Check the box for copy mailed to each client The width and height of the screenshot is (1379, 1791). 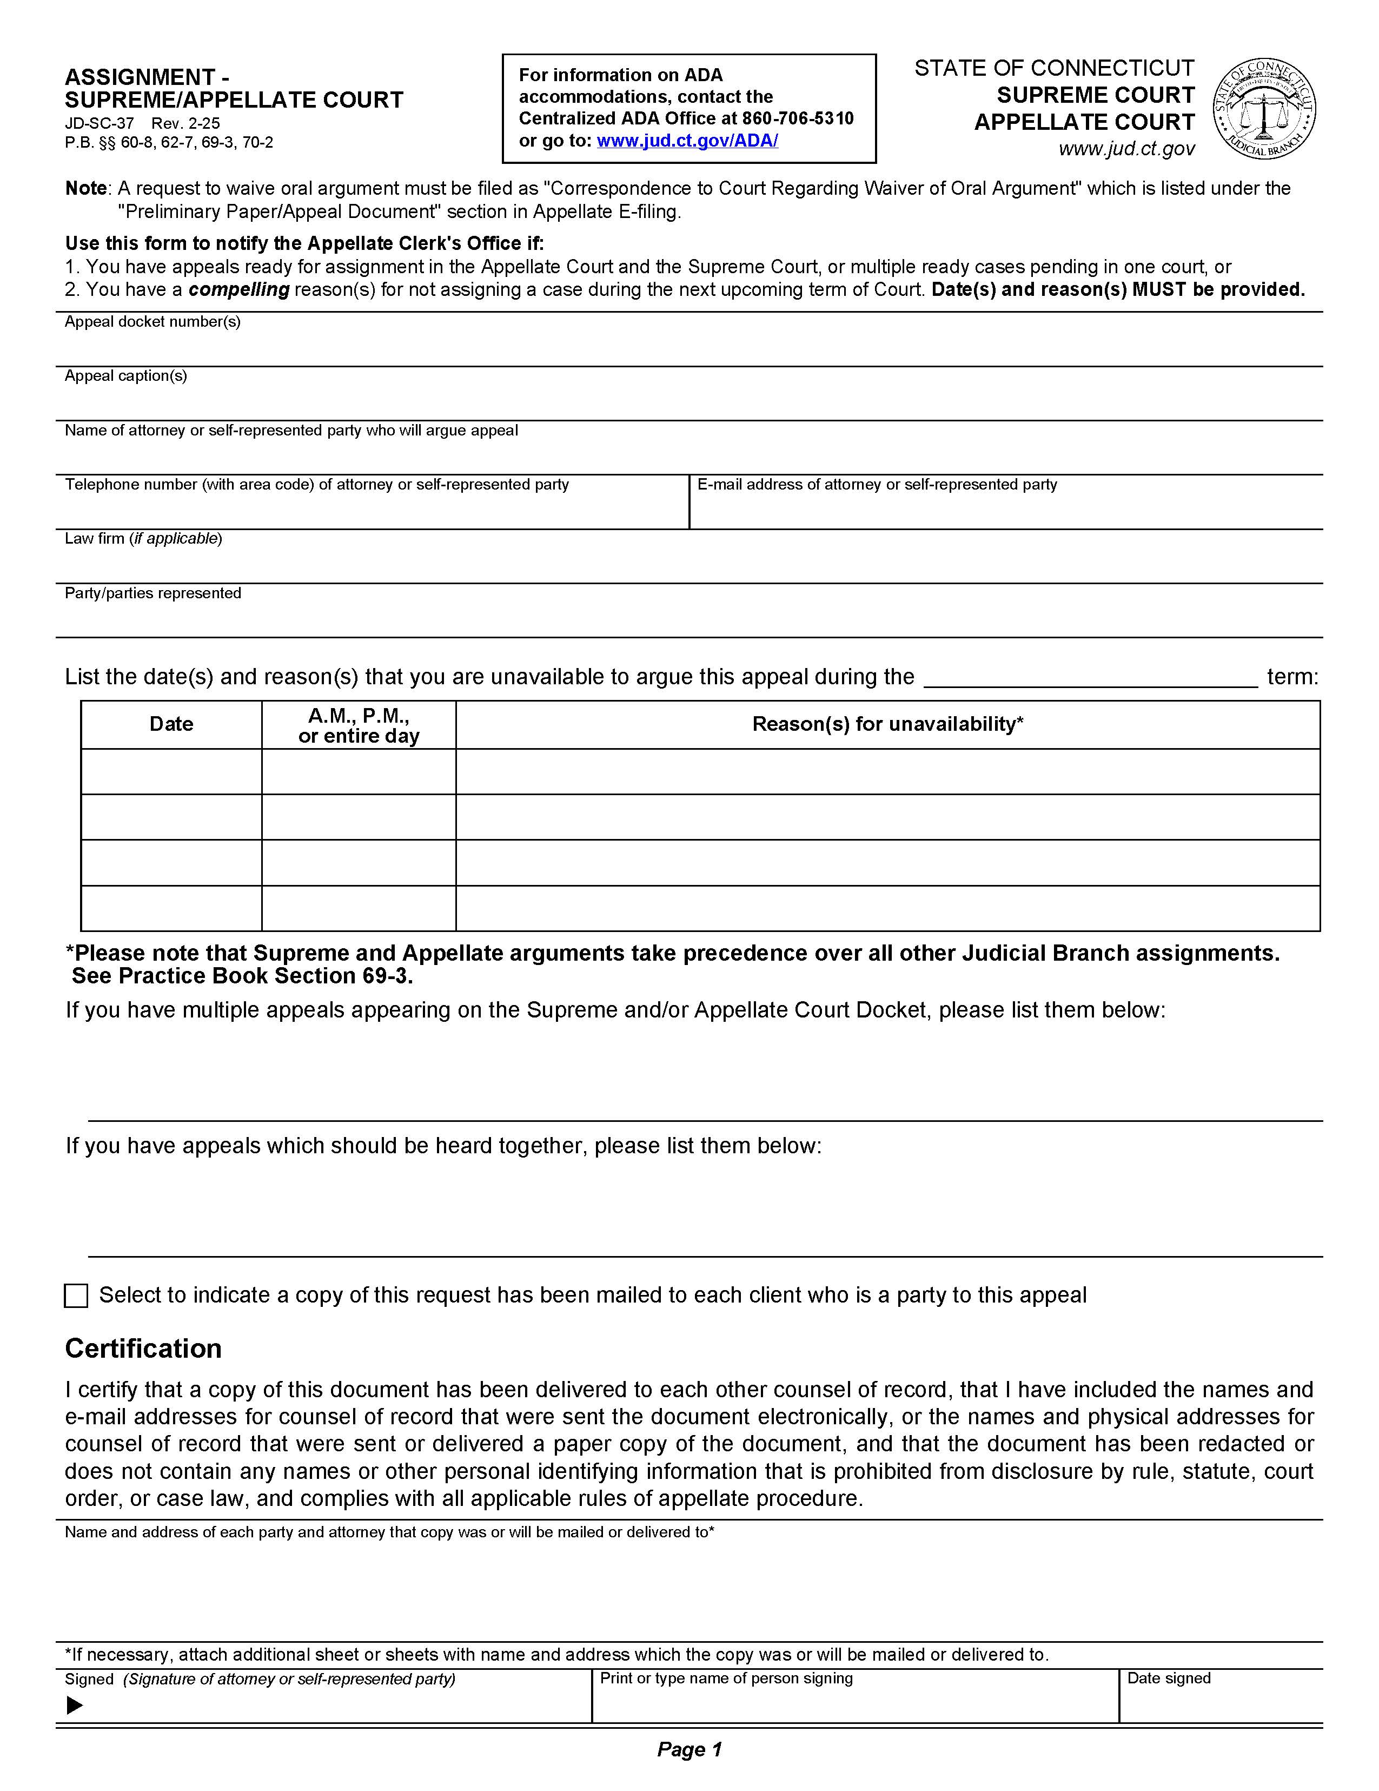pos(75,1296)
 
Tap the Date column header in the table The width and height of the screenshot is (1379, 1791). pos(171,724)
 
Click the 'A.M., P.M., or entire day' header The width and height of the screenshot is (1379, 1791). pos(359,725)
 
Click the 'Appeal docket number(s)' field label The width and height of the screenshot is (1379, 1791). pos(153,321)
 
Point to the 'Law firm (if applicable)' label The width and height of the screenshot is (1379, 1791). pos(143,539)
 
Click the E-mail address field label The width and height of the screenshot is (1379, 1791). pos(877,485)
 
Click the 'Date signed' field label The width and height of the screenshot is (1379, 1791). pos(1168,1678)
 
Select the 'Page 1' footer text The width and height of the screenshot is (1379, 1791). pos(688,1750)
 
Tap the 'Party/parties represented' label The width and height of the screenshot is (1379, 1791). pos(153,593)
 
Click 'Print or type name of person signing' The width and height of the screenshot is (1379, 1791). pos(726,1678)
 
